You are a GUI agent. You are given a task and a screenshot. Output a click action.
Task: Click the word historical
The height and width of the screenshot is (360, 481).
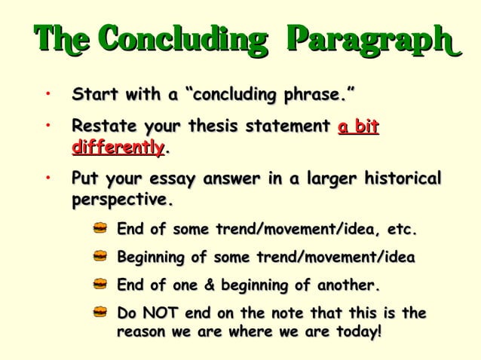click(402, 180)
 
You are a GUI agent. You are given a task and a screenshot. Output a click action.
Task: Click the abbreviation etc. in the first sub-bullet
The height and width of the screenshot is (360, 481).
click(401, 229)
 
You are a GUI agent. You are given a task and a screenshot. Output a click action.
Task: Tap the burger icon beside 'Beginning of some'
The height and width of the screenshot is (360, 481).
click(100, 258)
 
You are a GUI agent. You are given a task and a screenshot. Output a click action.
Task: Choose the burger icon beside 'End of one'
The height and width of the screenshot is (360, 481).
click(100, 286)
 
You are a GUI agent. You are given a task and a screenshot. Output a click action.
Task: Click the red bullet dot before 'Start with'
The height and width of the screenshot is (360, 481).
click(47, 95)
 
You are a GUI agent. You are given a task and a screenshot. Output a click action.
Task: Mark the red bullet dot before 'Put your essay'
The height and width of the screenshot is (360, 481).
click(47, 179)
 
